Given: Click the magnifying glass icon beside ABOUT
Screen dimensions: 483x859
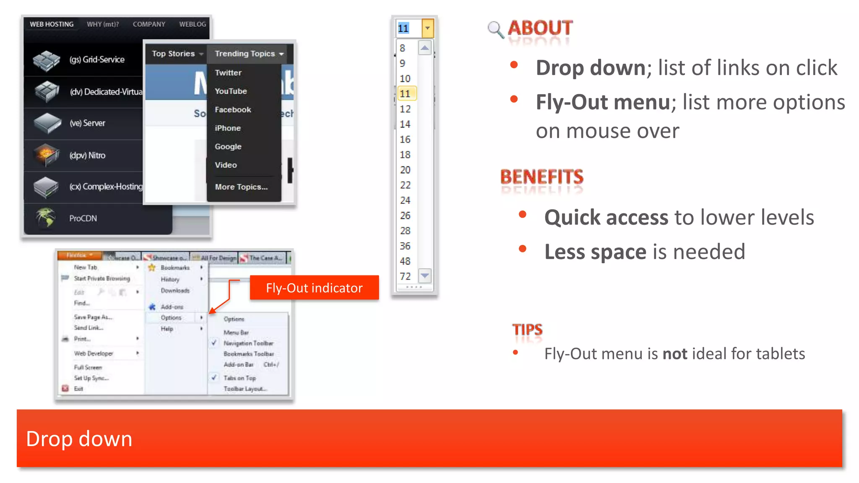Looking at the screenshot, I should coord(496,30).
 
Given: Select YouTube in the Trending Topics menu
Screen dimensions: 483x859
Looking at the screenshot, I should coord(231,91).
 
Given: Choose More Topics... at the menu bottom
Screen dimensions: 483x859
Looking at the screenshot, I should coord(241,187).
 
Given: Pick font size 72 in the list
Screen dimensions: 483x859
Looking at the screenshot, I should coord(405,276).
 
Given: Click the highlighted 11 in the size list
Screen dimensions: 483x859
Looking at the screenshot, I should coord(406,93).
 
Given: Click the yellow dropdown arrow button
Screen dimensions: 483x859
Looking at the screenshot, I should coord(427,28).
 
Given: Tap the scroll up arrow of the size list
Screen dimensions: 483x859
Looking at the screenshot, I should coord(425,48).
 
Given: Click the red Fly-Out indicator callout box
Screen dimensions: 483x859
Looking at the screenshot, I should coord(314,288).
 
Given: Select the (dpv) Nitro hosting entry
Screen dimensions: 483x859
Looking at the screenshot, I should coord(87,156).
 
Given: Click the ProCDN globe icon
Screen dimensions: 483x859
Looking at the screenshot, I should coord(45,218).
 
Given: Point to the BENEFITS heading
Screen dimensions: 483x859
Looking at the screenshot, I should coord(541,177).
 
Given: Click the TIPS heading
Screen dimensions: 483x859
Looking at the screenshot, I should coord(527,330).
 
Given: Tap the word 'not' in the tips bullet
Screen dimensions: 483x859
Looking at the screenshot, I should coord(674,354).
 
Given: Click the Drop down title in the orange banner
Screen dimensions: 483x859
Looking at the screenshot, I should coord(79,439).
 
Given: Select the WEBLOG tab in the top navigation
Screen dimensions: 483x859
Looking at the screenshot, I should coord(193,24).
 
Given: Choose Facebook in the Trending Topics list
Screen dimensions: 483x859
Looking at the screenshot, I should coord(233,109).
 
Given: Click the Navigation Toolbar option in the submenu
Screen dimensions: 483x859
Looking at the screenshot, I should coord(248,343).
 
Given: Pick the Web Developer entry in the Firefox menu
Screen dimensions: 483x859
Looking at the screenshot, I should coord(94,353).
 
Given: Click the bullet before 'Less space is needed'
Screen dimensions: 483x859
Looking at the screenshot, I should coord(522,249).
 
